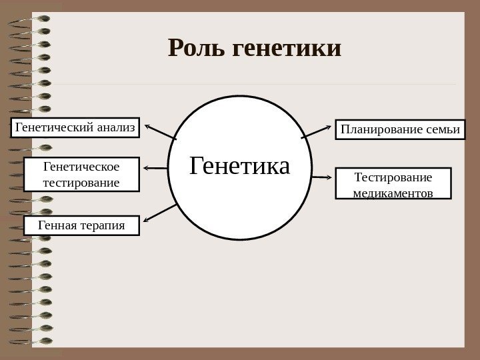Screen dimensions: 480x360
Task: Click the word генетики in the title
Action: (x=288, y=48)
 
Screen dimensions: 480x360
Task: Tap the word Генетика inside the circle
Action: (x=240, y=165)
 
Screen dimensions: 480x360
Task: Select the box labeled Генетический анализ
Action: (x=75, y=127)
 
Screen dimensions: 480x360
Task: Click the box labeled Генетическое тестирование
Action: (x=81, y=174)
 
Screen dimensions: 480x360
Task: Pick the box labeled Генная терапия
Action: (x=81, y=225)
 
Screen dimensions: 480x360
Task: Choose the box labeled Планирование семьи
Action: (x=400, y=129)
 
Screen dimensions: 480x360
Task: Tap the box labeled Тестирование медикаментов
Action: (x=393, y=185)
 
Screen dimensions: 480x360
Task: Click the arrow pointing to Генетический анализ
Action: (x=160, y=131)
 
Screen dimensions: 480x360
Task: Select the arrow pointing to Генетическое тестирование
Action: (x=155, y=167)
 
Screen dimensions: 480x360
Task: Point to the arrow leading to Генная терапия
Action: (x=160, y=213)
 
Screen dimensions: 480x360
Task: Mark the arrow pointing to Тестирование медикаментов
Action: (x=321, y=177)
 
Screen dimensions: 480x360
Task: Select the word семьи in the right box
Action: (x=443, y=129)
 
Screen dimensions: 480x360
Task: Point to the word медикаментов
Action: (x=393, y=193)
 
